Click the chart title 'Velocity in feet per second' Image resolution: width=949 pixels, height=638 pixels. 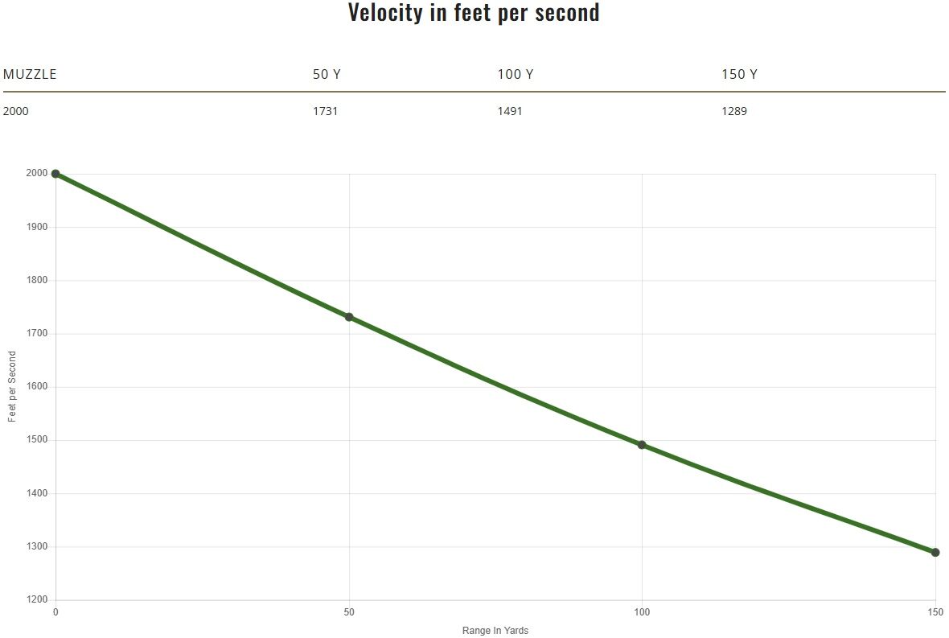click(474, 13)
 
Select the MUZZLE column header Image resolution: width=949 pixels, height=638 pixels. click(30, 74)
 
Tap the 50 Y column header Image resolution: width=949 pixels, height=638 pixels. click(327, 74)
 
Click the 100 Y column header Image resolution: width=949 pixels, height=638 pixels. click(516, 74)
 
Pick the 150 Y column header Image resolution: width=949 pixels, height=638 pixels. click(739, 74)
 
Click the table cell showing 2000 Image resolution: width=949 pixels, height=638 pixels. click(16, 111)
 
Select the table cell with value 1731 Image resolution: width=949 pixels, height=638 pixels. click(325, 111)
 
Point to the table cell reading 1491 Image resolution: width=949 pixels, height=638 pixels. click(510, 111)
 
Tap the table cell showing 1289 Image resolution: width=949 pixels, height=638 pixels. click(734, 111)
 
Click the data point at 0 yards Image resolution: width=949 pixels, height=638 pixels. click(55, 174)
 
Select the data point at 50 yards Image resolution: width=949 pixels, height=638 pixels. click(349, 317)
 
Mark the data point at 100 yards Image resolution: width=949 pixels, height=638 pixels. click(642, 445)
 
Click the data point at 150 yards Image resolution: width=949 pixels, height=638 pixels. click(935, 553)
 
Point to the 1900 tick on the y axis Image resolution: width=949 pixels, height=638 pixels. click(37, 227)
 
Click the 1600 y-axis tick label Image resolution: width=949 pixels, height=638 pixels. click(37, 387)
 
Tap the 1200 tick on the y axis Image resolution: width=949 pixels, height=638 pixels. click(37, 600)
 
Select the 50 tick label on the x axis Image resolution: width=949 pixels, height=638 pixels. click(349, 613)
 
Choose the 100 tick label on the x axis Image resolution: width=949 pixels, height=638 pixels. click(642, 613)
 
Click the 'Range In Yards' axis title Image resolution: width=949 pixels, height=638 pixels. click(495, 631)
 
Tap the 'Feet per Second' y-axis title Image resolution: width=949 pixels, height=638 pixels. click(12, 387)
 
